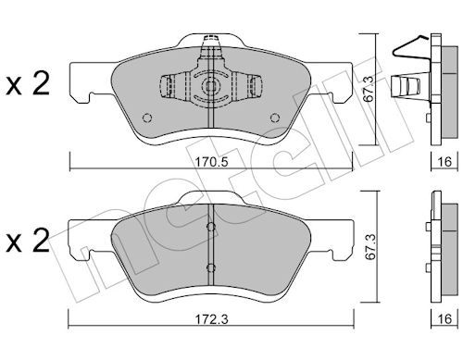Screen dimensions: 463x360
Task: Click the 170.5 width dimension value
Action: [212, 162]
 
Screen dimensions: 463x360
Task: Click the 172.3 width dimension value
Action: [212, 319]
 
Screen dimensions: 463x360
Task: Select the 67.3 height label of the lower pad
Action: [369, 246]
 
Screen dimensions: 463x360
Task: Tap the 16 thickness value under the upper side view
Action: [444, 162]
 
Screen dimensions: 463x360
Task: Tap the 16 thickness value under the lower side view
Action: [444, 319]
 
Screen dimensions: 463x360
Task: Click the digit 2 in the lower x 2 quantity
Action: [41, 240]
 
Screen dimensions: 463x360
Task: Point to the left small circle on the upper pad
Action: [147, 118]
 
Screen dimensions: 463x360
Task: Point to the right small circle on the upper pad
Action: [275, 118]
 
